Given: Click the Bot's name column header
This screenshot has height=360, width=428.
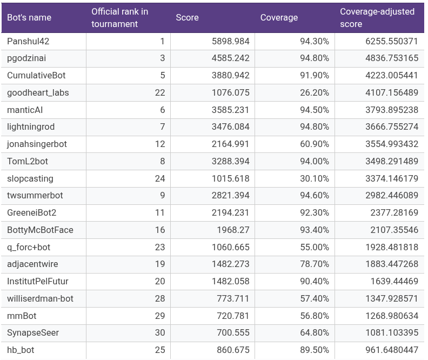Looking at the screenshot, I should pos(29,17).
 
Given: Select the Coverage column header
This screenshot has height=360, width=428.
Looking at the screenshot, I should pos(279,17).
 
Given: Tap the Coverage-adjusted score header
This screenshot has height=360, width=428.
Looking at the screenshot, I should pos(377,17).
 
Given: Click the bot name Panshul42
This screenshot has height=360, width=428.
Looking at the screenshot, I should pos(28,41).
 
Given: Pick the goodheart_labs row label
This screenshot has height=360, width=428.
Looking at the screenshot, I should pos(38,92).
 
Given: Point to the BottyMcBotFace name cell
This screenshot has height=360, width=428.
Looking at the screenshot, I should pos(40,230).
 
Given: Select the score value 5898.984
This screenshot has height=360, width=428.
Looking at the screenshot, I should pos(230,41).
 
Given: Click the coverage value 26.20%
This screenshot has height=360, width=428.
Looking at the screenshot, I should pos(315,92).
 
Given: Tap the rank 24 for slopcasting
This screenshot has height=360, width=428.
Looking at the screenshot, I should pos(159,178).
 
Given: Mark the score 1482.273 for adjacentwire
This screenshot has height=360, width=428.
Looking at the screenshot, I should pos(230,264).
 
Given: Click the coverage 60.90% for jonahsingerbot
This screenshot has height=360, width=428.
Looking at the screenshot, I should pos(315,144).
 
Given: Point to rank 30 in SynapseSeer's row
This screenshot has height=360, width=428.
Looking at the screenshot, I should pos(159,332).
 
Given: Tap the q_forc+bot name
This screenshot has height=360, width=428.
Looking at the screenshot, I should pos(29,247).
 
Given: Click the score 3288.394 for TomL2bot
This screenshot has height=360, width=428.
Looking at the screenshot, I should pos(230,161).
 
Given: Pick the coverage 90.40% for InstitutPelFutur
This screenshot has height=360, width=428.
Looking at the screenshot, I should pos(315,281).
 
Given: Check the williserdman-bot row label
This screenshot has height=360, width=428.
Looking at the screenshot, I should pos(40,298).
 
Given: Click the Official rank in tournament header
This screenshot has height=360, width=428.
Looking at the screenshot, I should pos(119,17).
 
